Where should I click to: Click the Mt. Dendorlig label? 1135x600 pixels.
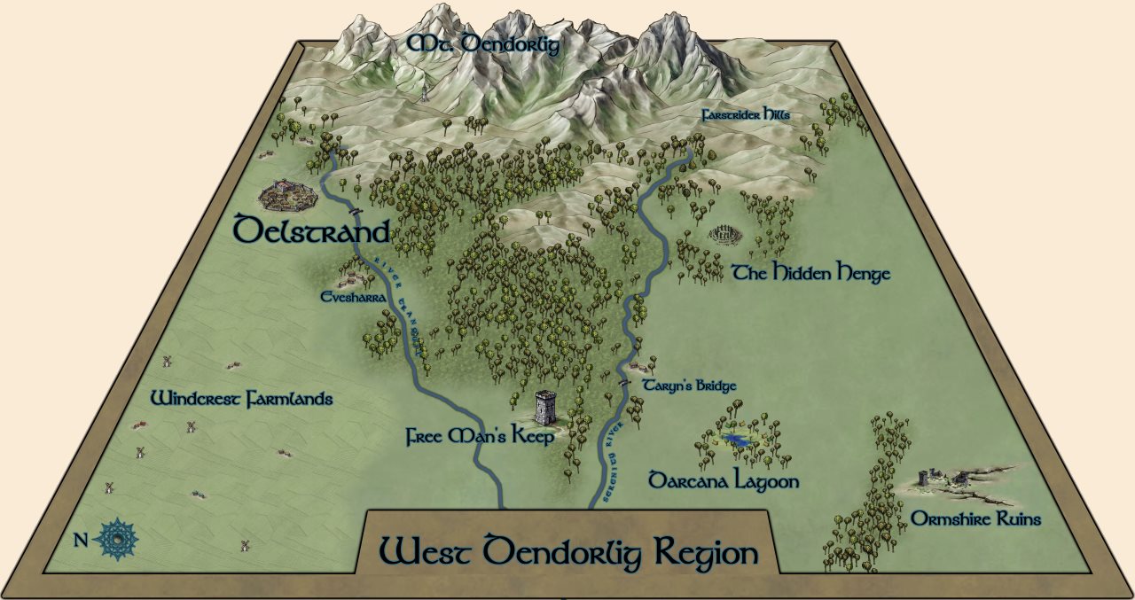click(483, 44)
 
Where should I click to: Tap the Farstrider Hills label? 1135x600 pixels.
click(744, 116)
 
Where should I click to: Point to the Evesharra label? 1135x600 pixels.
click(352, 299)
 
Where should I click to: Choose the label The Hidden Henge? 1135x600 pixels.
click(810, 273)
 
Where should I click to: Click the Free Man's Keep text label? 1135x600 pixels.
click(480, 437)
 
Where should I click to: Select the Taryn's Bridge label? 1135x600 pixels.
click(689, 386)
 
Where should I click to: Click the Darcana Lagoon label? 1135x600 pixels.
click(724, 481)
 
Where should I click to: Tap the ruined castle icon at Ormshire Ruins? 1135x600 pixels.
click(932, 479)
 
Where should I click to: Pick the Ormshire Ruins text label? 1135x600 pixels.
click(975, 519)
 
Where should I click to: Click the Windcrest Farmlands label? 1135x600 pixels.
click(241, 399)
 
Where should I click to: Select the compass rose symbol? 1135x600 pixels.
click(116, 538)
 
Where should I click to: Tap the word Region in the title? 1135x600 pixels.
click(707, 553)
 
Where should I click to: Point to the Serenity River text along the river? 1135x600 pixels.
click(611, 462)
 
